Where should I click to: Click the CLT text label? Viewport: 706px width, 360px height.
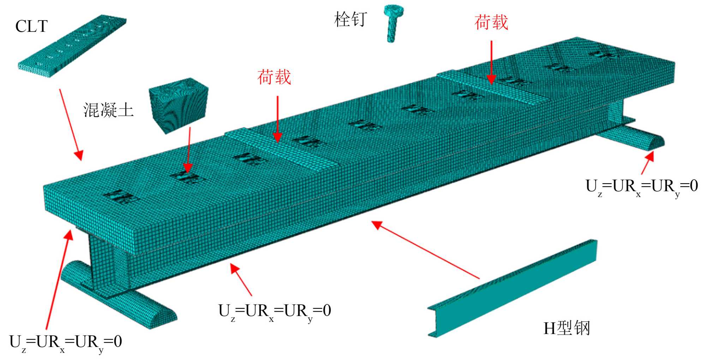click(31, 26)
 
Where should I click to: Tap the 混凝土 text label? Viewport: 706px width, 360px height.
click(108, 110)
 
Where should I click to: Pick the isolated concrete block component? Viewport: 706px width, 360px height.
click(178, 105)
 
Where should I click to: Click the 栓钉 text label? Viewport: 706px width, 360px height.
click(350, 19)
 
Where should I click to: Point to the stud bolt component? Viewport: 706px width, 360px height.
click(393, 23)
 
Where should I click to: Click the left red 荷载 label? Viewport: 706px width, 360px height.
click(274, 77)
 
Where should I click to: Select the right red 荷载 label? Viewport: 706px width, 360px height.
click(491, 23)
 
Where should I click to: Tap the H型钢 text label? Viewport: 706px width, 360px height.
click(567, 328)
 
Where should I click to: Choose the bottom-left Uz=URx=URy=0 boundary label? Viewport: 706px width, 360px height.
click(66, 342)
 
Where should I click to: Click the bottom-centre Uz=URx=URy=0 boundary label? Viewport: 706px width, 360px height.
click(275, 311)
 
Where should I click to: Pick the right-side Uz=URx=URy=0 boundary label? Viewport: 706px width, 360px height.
click(641, 186)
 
